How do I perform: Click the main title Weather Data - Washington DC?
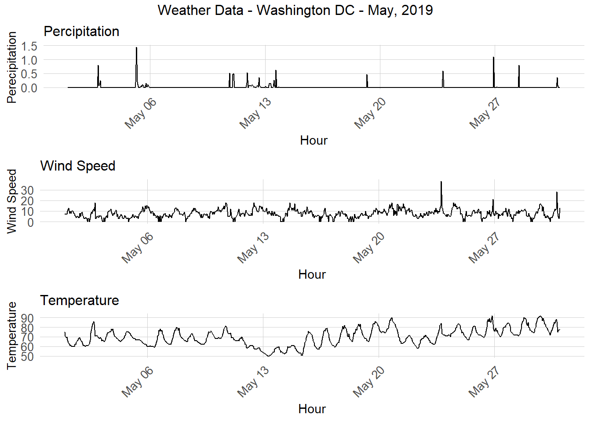[x=295, y=10]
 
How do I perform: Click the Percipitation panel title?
[x=81, y=32]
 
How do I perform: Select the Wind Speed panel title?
[x=78, y=166]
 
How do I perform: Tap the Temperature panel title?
[x=80, y=300]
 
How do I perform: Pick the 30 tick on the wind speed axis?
[x=27, y=190]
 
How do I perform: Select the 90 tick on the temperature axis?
[x=27, y=318]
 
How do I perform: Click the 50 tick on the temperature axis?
[x=27, y=357]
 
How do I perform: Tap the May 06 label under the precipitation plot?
[x=140, y=113]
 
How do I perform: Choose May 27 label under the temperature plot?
[x=484, y=382]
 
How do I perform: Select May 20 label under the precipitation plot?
[x=370, y=113]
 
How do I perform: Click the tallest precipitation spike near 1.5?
[x=136, y=48]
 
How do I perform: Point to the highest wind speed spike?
[x=441, y=182]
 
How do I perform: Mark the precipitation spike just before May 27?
[x=493, y=58]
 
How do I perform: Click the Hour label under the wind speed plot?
[x=312, y=275]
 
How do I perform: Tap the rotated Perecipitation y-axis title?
[x=12, y=67]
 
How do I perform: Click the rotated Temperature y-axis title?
[x=12, y=335]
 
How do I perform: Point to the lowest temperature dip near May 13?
[x=269, y=355]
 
